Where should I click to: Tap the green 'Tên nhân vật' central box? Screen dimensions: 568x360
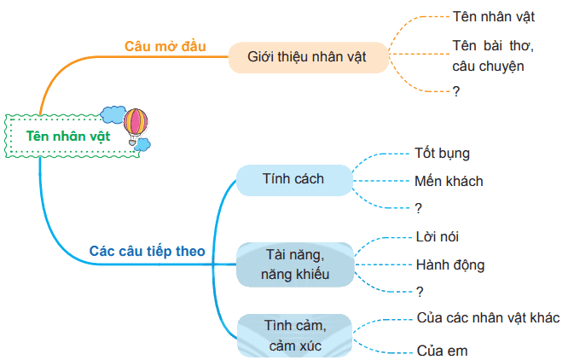[x=72, y=136]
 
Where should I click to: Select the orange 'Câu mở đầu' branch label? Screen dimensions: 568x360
[x=165, y=46]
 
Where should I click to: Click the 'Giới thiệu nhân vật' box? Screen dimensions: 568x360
[x=308, y=57]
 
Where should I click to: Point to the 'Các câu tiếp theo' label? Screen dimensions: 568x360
[x=147, y=251]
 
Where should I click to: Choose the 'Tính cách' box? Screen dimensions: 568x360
[x=294, y=180]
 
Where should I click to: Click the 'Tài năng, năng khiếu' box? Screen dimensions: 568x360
[x=295, y=264]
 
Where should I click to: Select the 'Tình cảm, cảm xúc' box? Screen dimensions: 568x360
[x=295, y=335]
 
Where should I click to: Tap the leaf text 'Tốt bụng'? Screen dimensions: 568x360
[x=442, y=154]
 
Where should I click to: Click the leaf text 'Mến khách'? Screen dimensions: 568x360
[x=449, y=181]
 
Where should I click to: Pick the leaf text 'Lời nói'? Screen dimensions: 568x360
[x=438, y=237]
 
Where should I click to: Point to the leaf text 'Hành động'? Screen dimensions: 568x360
[x=450, y=265]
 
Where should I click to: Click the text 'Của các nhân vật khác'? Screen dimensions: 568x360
[x=488, y=317]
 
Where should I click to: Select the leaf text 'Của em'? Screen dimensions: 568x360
[x=442, y=351]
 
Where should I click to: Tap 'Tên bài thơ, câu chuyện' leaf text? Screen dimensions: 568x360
[x=493, y=56]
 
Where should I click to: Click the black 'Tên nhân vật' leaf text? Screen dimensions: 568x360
[x=494, y=17]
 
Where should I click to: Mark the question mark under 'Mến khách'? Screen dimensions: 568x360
[x=419, y=208]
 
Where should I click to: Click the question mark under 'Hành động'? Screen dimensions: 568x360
[x=420, y=292]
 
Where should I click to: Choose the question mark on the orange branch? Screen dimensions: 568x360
[x=456, y=91]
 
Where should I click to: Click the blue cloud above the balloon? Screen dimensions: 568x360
[x=113, y=114]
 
